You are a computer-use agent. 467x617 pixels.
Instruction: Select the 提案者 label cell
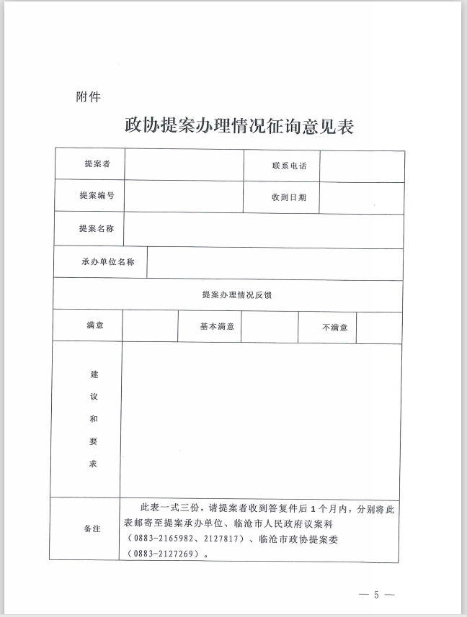[97, 164]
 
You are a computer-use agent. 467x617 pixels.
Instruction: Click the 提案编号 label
[97, 196]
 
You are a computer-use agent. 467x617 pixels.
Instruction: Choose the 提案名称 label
[97, 228]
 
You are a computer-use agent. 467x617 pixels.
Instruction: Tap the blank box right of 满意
[150, 326]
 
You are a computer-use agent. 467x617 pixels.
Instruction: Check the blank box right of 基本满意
[269, 327]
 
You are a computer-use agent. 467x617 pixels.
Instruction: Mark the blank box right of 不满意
[379, 328]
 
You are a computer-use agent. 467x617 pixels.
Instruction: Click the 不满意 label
[334, 328]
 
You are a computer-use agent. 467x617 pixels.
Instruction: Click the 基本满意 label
[217, 326]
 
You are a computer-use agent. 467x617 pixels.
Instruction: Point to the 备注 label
[92, 529]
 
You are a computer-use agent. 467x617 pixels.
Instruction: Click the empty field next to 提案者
[184, 165]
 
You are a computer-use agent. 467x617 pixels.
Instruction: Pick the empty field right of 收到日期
[361, 197]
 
